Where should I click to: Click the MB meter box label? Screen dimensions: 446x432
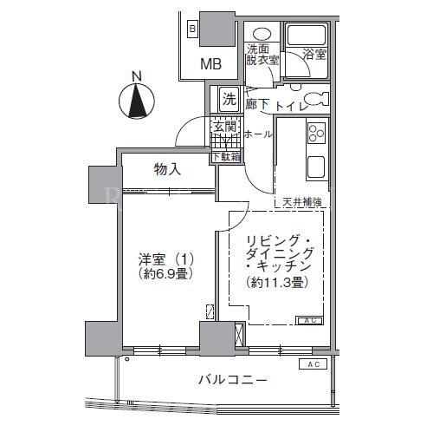[x=211, y=64]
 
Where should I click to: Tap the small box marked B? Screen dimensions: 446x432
[x=192, y=29]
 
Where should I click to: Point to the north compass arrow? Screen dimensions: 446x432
[x=137, y=101]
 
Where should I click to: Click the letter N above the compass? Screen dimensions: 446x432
[x=137, y=76]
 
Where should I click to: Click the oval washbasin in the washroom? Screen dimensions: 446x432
[x=262, y=34]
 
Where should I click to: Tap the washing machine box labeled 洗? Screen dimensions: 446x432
[x=229, y=100]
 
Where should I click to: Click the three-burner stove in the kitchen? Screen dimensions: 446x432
[x=316, y=133]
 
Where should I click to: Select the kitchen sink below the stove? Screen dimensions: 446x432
[x=316, y=167]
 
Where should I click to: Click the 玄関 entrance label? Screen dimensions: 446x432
[x=225, y=127]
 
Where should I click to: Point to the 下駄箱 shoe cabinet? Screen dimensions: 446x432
[x=227, y=157]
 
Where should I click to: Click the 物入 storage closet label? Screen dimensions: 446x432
[x=167, y=169]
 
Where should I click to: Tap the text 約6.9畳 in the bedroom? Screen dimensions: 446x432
[x=165, y=273]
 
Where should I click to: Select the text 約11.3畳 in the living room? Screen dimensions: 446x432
[x=276, y=283]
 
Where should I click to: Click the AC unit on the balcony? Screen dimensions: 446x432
[x=313, y=364]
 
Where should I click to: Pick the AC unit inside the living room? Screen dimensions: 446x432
[x=309, y=320]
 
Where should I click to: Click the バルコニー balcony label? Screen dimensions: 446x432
[x=233, y=379]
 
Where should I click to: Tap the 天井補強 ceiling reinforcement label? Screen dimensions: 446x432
[x=302, y=202]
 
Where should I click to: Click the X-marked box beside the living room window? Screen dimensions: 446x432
[x=240, y=335]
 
